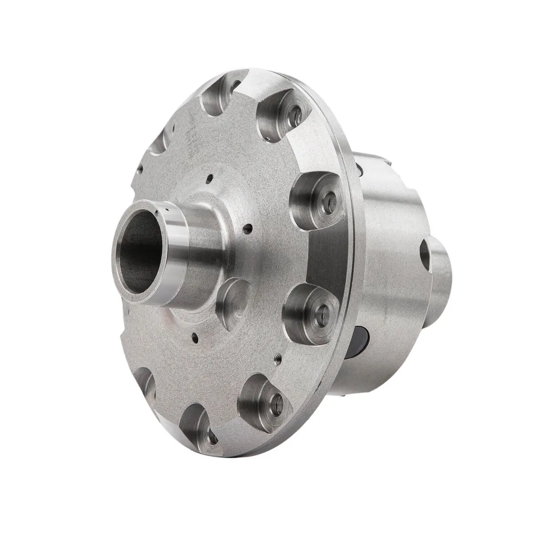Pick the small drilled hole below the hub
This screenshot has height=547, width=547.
tap(195, 337)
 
